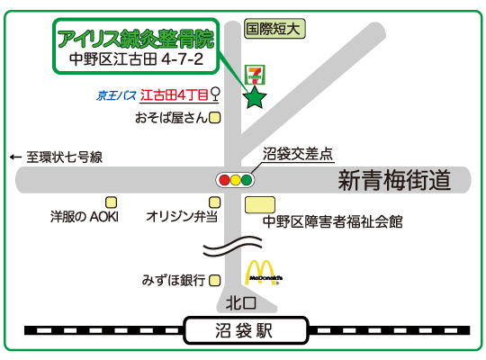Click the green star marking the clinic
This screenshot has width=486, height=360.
pyautogui.click(x=255, y=98)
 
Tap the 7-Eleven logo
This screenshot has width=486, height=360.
pyautogui.click(x=255, y=75)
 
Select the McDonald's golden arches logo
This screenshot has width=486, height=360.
pyautogui.click(x=264, y=273)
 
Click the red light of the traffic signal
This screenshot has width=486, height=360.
pyautogui.click(x=224, y=180)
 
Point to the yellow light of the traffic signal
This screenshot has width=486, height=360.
pyautogui.click(x=235, y=180)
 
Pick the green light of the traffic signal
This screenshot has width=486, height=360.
pyautogui.click(x=247, y=180)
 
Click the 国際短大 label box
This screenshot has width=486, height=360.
pyautogui.click(x=274, y=29)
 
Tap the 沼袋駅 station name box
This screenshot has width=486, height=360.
pyautogui.click(x=246, y=330)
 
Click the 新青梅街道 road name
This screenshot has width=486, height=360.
pyautogui.click(x=394, y=180)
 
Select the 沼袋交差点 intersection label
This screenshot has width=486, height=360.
pyautogui.click(x=298, y=154)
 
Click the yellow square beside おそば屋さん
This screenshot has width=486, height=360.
pyautogui.click(x=215, y=118)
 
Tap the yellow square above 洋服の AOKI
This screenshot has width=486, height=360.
pyautogui.click(x=112, y=202)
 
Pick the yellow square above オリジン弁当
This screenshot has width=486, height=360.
pyautogui.click(x=214, y=202)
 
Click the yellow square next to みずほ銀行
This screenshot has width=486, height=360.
pyautogui.click(x=214, y=281)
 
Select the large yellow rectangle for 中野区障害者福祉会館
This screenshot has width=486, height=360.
pyautogui.click(x=260, y=205)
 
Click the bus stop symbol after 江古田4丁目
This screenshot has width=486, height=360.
pyautogui.click(x=215, y=94)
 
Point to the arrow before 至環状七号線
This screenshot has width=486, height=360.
pyautogui.click(x=15, y=157)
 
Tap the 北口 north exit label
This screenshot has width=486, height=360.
pyautogui.click(x=241, y=303)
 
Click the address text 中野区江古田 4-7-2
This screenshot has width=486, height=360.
pyautogui.click(x=136, y=58)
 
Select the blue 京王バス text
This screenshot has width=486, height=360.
pyautogui.click(x=116, y=95)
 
